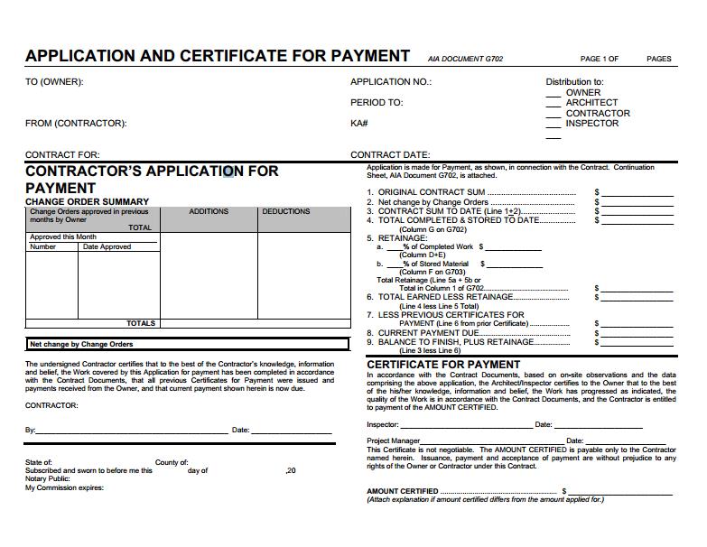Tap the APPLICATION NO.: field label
(x=391, y=82)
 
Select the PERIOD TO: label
(x=377, y=103)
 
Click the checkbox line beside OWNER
(x=553, y=93)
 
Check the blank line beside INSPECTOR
(x=553, y=125)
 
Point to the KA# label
(x=358, y=124)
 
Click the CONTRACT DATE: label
(x=390, y=155)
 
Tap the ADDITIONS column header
(x=209, y=211)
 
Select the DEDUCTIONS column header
(x=286, y=211)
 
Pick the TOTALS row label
(x=141, y=323)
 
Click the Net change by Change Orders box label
(x=81, y=344)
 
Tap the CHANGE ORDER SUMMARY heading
(x=88, y=201)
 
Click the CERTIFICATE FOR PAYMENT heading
(x=443, y=365)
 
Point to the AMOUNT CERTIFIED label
(x=403, y=491)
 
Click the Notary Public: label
(x=47, y=479)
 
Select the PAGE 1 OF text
(x=600, y=60)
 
